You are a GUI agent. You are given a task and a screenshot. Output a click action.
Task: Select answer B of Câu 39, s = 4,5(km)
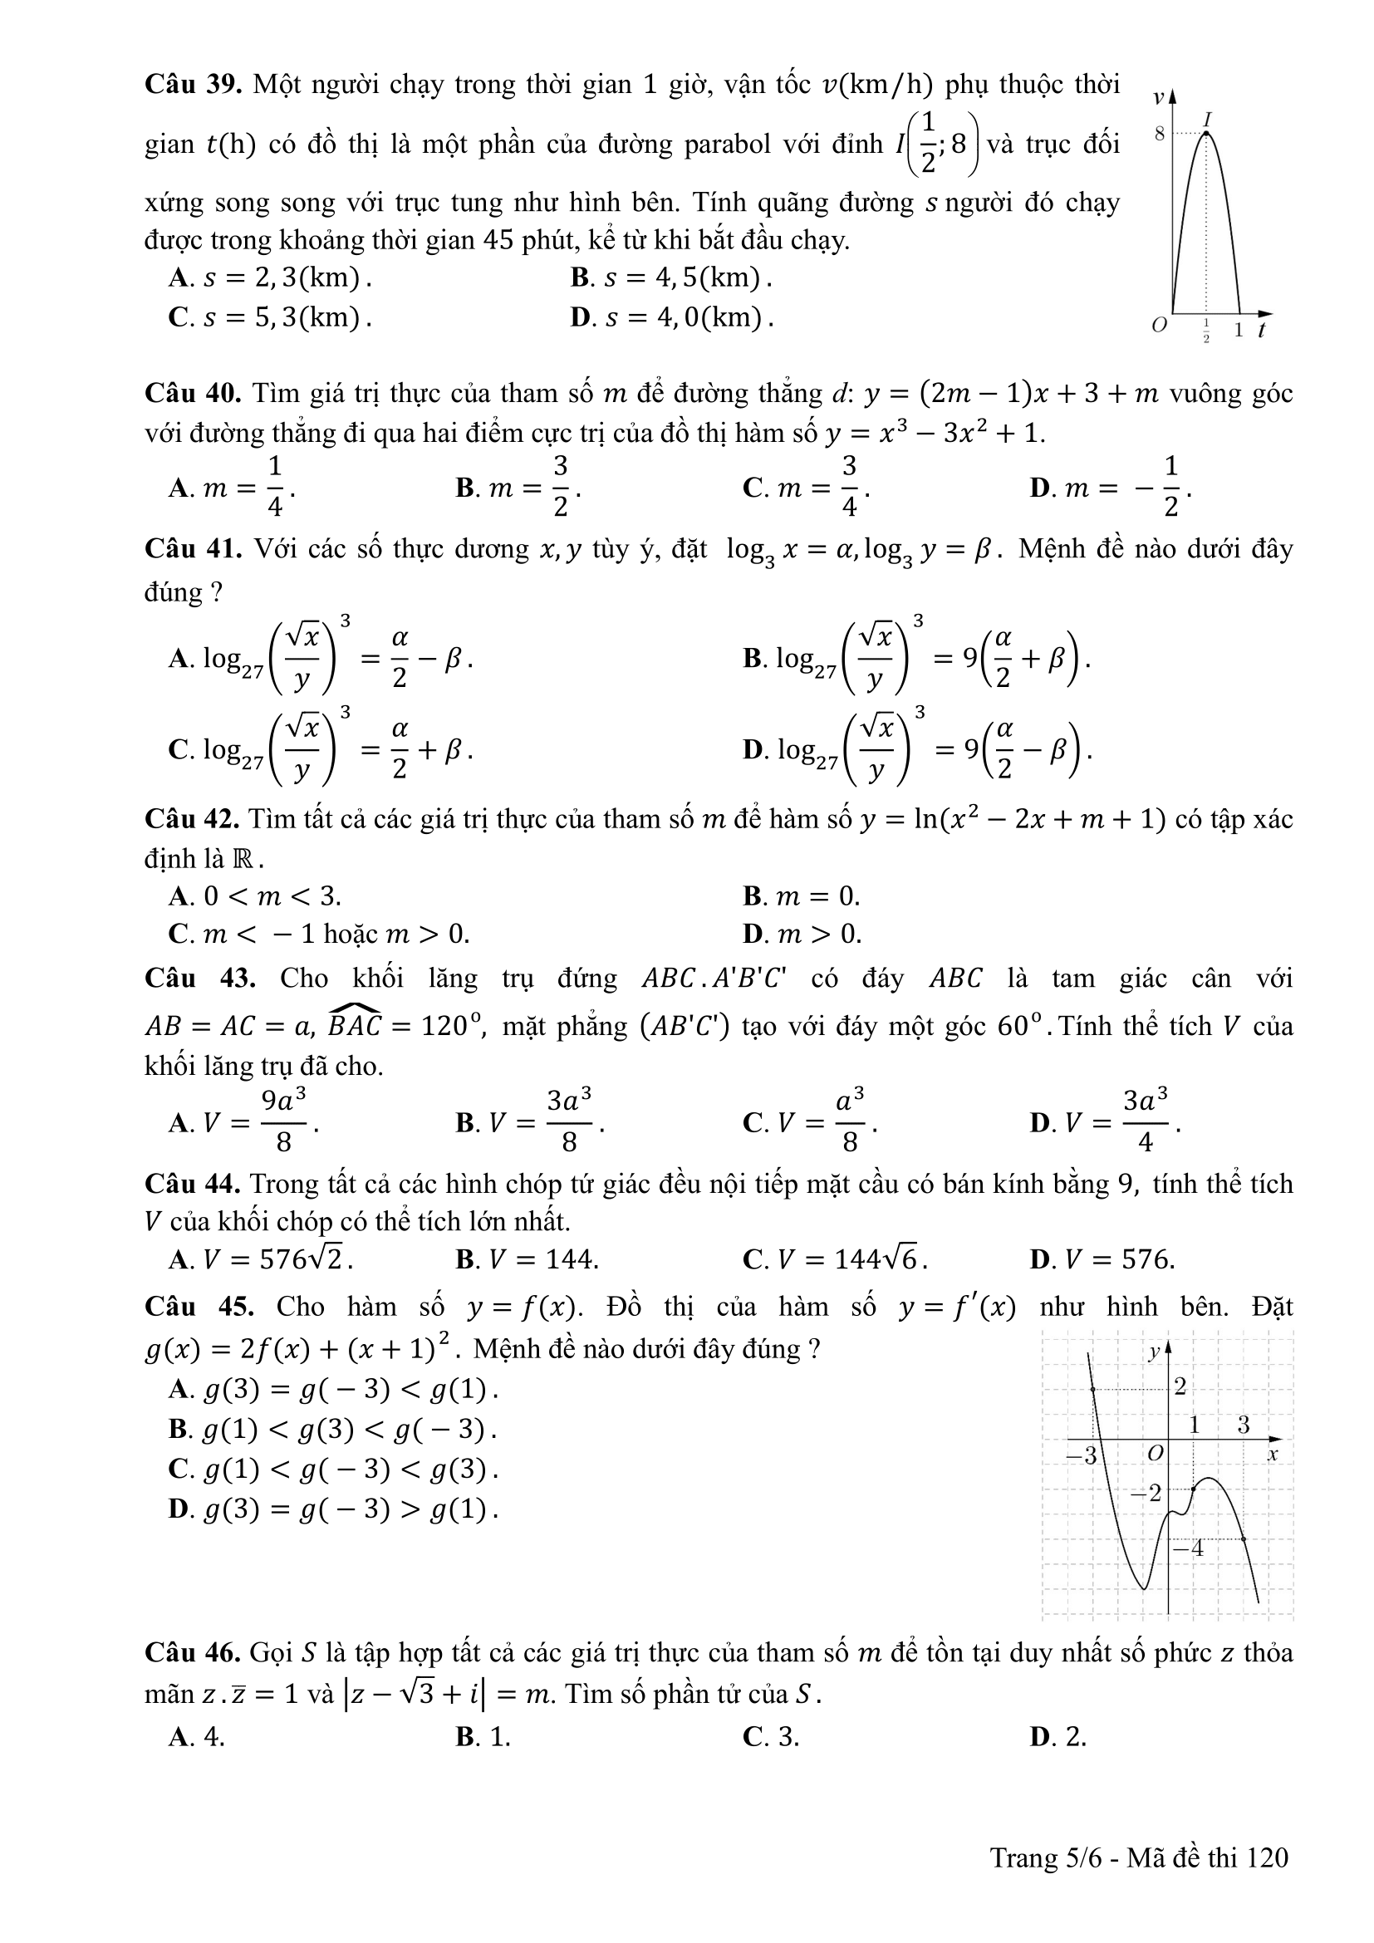click(671, 277)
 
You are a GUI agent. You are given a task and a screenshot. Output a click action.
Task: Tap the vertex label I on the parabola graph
click(1208, 119)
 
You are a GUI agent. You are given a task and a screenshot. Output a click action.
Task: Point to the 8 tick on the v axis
click(1160, 134)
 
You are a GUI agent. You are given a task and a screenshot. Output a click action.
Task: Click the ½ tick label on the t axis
click(1206, 331)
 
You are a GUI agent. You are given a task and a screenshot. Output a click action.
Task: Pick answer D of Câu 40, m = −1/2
click(1110, 488)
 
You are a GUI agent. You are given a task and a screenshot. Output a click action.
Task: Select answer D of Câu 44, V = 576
click(1102, 1260)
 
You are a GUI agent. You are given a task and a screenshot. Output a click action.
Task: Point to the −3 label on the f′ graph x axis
click(1081, 1455)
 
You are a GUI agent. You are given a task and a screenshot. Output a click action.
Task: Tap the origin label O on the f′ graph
click(1155, 1454)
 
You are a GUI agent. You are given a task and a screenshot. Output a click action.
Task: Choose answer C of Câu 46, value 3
click(770, 1736)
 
